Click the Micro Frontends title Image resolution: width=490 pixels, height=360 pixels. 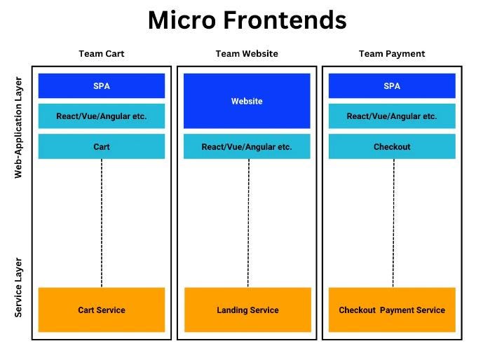[247, 21]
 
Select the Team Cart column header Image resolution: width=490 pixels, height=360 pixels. [102, 54]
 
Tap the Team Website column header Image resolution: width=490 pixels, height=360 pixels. [247, 54]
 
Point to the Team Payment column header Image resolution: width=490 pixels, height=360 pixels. [392, 54]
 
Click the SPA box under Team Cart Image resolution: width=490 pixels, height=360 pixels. [102, 86]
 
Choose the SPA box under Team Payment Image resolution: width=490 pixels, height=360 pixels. [392, 86]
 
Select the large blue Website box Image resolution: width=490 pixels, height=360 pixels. [247, 101]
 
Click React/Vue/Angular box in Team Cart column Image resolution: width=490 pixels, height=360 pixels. [102, 116]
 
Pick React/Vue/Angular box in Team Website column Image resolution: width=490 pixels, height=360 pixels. [247, 147]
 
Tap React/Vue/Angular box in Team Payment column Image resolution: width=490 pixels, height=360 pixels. [392, 116]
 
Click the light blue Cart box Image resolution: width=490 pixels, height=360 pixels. [102, 147]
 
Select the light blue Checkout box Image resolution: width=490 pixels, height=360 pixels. [392, 147]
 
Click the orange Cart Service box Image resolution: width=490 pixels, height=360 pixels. [102, 310]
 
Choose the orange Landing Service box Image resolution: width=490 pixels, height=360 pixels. [247, 310]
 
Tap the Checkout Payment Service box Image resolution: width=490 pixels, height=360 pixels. [392, 310]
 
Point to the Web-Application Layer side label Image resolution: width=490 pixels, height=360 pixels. [19, 127]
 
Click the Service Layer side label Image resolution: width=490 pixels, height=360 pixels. [19, 287]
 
